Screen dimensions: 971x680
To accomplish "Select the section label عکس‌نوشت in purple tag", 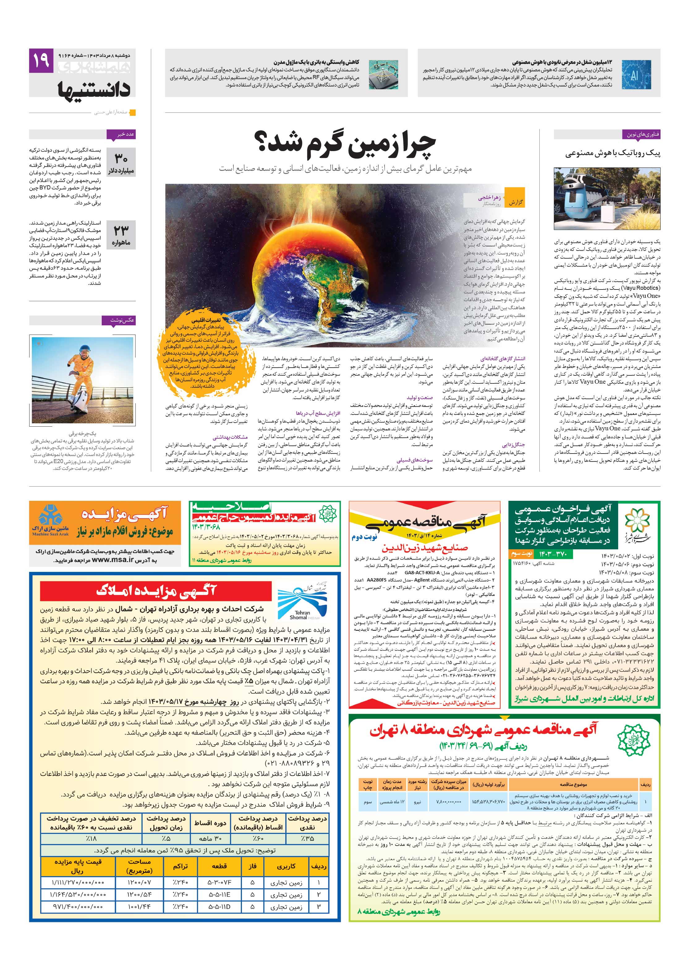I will tap(119, 320).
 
